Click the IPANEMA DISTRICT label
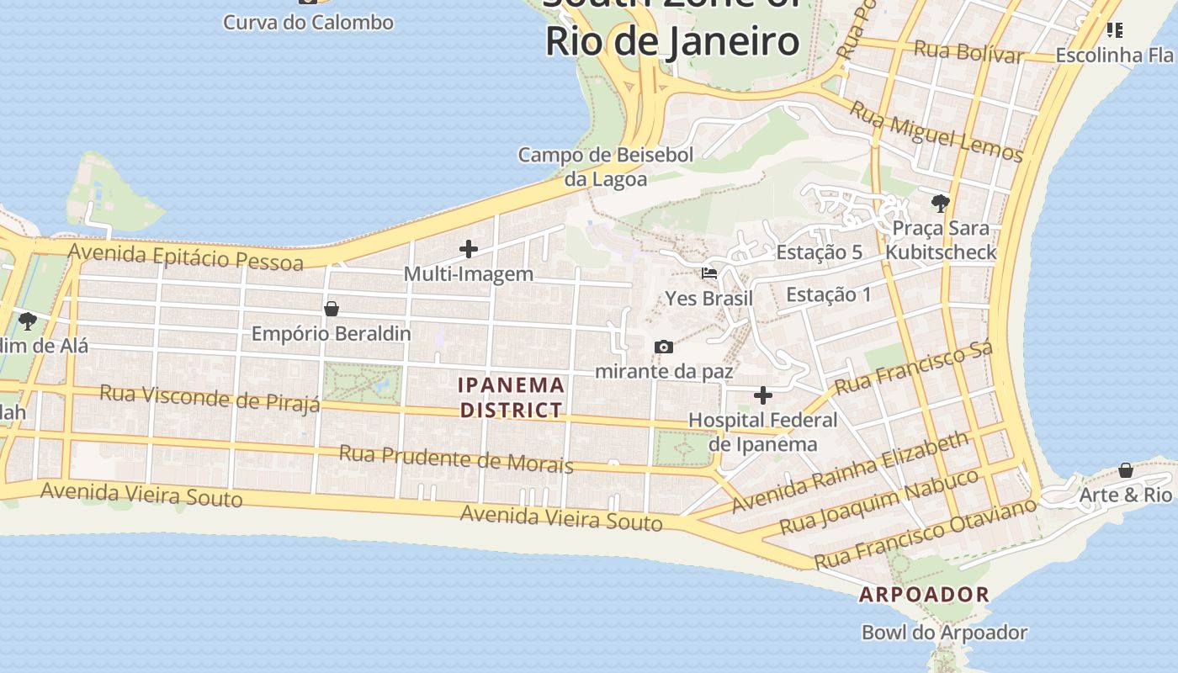[x=510, y=398]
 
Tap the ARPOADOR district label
[x=924, y=595]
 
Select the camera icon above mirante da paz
[x=663, y=347]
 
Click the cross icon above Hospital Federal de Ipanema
[x=762, y=395]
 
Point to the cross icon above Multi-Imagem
[x=469, y=249]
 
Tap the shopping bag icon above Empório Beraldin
[x=332, y=309]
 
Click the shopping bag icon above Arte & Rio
[x=1125, y=469]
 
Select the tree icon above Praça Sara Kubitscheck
[x=940, y=203]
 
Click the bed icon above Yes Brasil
[x=709, y=273]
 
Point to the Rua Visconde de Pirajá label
[x=210, y=398]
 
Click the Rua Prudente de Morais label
[x=455, y=459]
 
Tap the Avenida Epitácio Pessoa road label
[x=185, y=257]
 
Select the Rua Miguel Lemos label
[x=936, y=131]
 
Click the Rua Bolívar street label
[x=968, y=51]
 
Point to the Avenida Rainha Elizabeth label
[x=850, y=473]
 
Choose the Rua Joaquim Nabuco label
[x=879, y=502]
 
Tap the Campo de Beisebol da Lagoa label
[x=605, y=167]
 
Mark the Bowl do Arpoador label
[x=944, y=633]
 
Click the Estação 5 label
[x=819, y=252]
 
